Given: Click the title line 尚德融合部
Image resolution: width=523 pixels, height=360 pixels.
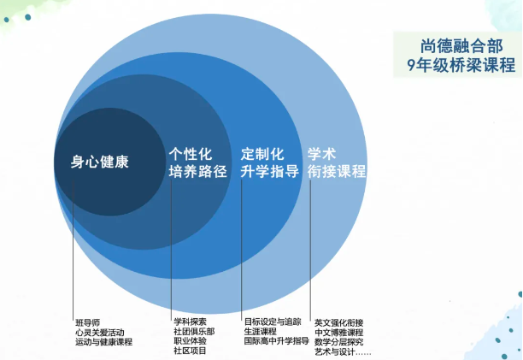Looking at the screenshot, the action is tap(461, 46).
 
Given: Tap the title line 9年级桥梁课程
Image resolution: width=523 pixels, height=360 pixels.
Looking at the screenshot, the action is tap(461, 64).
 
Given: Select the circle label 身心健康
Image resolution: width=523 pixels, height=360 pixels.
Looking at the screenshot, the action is tap(100, 162).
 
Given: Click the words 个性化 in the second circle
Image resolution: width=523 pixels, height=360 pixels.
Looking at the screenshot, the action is tap(191, 154).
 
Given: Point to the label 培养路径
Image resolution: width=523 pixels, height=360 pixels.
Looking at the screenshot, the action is tap(197, 172).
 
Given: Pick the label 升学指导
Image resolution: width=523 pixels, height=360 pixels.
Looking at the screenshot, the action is tap(269, 172).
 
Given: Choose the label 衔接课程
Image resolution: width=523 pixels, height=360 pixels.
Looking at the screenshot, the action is tap(337, 172).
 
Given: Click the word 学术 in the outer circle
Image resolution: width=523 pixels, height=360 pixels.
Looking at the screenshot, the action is tap(321, 154).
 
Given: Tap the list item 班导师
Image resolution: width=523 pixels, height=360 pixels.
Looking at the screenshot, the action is tap(88, 322).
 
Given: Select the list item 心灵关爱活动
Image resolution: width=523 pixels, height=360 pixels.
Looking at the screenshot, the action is tap(100, 333).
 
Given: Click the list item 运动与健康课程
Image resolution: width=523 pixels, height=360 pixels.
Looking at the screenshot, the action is tap(103, 342).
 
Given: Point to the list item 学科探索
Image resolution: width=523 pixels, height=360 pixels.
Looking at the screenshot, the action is tap(190, 322).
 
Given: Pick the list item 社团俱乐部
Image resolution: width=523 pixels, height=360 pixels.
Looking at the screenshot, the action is tap(194, 331).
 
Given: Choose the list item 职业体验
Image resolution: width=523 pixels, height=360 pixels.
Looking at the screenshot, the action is tap(190, 340).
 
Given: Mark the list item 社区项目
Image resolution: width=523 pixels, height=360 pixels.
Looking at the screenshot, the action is tap(190, 351).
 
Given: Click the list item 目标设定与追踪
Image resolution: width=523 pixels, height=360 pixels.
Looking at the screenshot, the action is tap(273, 322).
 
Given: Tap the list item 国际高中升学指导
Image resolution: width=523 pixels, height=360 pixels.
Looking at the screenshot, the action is tap(277, 340).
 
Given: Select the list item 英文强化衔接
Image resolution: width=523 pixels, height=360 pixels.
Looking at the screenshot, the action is tap(339, 322).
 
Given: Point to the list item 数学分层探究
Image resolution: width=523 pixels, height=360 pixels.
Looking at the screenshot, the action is tap(339, 342).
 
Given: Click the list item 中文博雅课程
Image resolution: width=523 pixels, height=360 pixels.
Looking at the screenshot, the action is tap(339, 333).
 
